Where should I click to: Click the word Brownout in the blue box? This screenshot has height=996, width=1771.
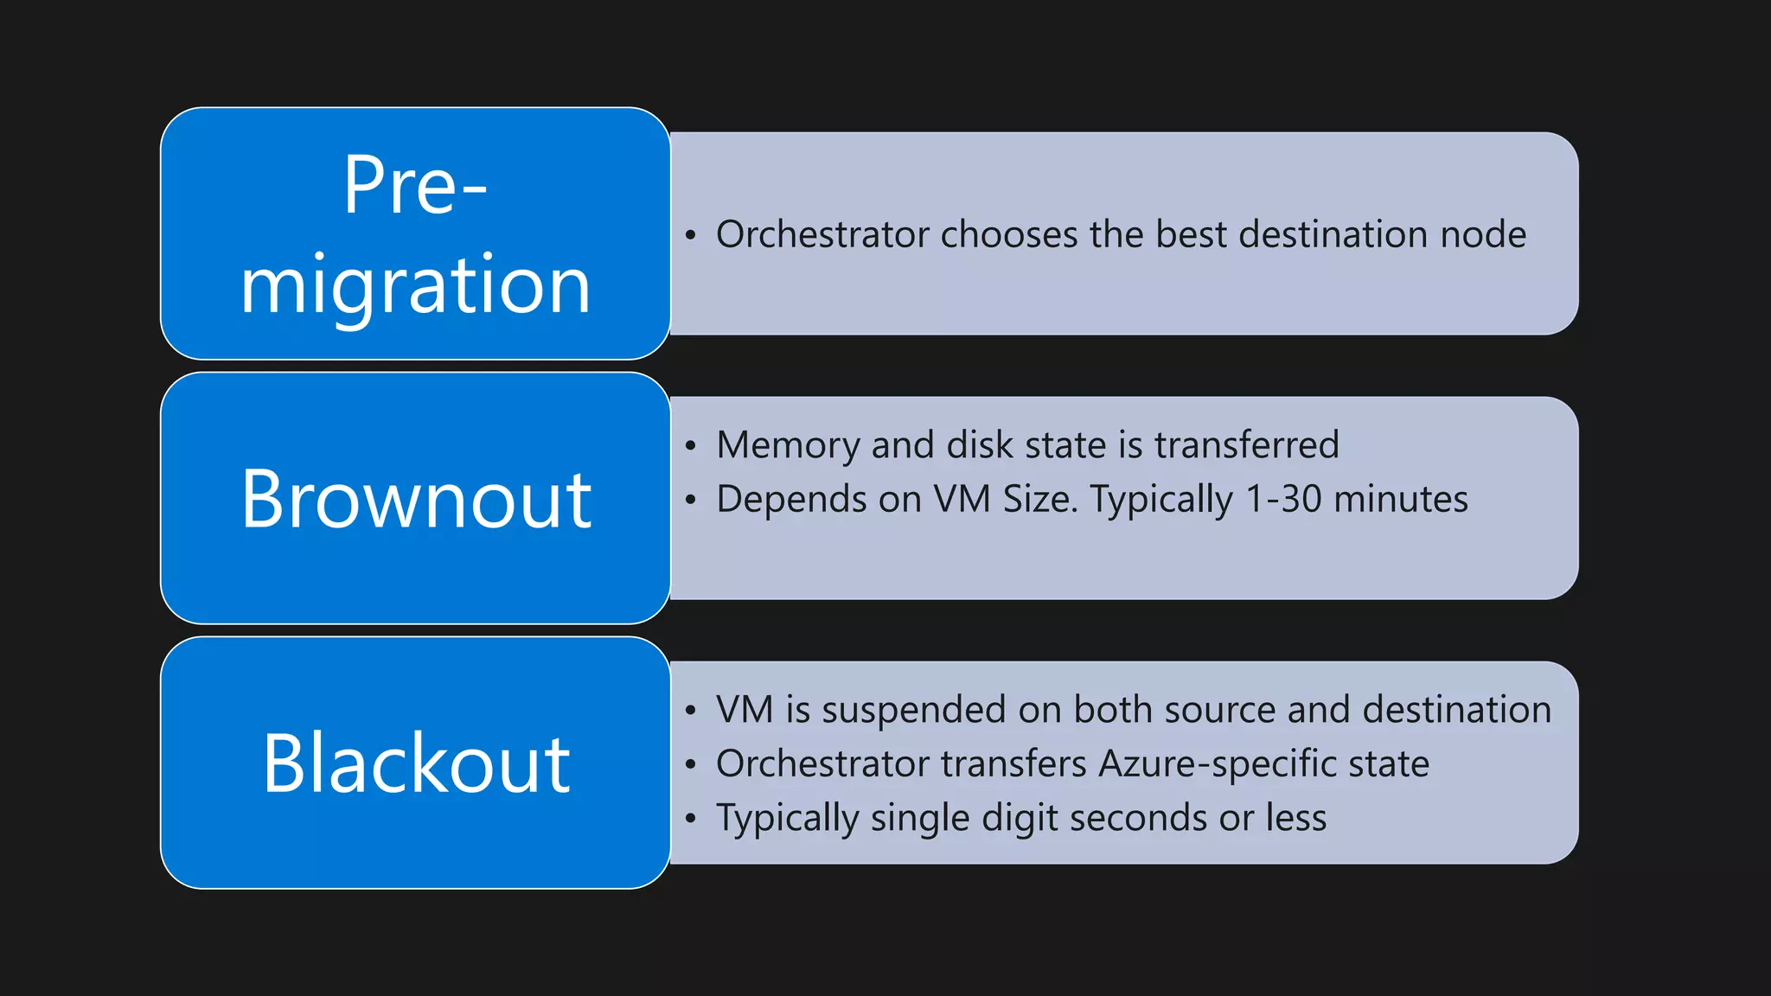416,499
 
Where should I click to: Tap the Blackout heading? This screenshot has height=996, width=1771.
416,763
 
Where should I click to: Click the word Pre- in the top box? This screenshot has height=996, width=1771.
416,185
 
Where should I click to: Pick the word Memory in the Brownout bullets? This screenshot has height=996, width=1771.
788,445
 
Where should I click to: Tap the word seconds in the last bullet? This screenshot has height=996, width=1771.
1137,818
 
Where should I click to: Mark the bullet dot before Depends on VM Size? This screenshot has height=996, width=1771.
690,501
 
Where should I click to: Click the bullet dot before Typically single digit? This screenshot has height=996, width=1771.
690,819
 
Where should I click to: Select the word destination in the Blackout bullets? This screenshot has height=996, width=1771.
1456,710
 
